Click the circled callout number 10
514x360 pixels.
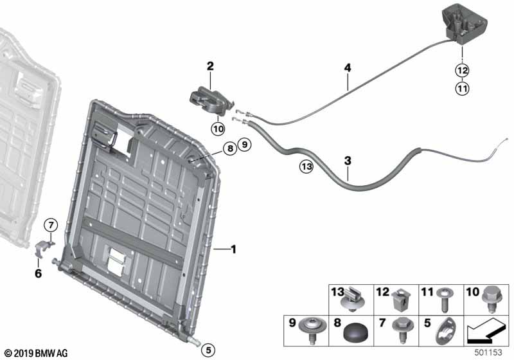coord(218,129)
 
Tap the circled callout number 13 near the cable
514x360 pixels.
coord(307,167)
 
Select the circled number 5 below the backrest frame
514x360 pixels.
coord(208,350)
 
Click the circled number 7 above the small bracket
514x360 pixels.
coord(51,225)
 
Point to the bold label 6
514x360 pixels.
coord(39,273)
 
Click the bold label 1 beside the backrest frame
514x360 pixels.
coord(233,249)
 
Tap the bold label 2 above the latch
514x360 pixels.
coord(210,66)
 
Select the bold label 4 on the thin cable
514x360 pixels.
coord(348,68)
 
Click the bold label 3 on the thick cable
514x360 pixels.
coord(348,161)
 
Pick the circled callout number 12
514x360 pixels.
coord(462,70)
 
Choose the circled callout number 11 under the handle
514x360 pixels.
coord(462,89)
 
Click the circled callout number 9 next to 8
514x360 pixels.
coord(245,145)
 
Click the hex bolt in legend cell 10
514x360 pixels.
coord(491,300)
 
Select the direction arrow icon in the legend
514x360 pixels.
coord(486,331)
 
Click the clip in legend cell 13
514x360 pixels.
coord(353,300)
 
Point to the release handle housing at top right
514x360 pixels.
coord(464,25)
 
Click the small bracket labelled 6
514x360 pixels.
coord(43,248)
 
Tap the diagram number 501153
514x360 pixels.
coord(488,353)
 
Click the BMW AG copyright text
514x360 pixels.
coord(37,353)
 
